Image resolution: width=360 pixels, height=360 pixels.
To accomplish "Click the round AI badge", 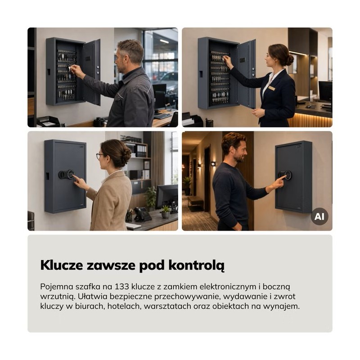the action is point(319,216).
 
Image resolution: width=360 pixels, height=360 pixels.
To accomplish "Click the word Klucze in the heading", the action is point(62,265).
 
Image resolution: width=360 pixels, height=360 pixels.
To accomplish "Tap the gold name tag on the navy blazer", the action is point(272,88).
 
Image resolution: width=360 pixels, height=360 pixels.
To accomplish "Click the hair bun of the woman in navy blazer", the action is point(289,60).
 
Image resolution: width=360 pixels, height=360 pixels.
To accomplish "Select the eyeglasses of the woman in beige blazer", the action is point(99,156).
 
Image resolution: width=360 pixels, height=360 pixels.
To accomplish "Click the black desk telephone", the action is point(142,214).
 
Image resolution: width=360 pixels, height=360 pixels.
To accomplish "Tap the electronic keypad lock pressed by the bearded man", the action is point(285,175).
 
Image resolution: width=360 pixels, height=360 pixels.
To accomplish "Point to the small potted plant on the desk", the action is point(165,211).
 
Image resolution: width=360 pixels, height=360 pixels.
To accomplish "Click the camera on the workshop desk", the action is point(99,121).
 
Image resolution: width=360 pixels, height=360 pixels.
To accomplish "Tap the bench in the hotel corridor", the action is point(196,202).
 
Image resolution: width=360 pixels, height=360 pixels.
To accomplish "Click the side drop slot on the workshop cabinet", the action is point(49,72).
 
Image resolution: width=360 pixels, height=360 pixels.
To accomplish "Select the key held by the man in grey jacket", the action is point(69,68).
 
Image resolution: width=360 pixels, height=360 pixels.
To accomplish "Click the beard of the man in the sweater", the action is point(240,157).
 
